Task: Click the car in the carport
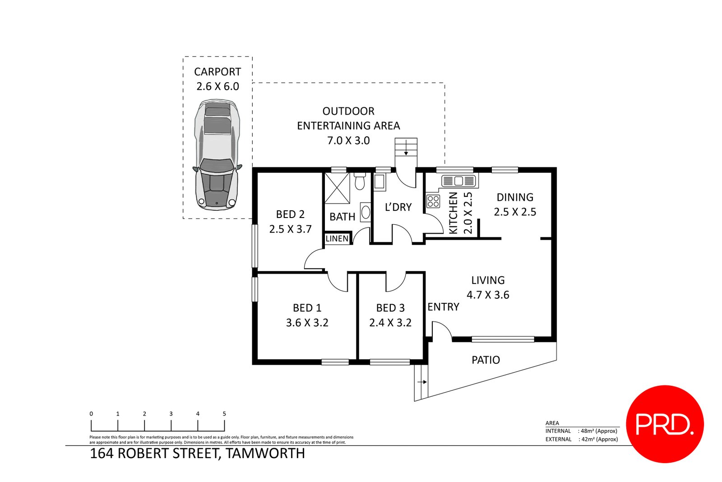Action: [x=217, y=156]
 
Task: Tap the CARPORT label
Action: [x=218, y=72]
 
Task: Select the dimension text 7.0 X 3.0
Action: [x=348, y=141]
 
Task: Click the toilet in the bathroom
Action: [x=360, y=182]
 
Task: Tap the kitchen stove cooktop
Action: [x=433, y=201]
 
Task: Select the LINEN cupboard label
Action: [x=337, y=239]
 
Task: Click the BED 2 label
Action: [x=290, y=214]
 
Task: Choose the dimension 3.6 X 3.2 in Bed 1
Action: [x=307, y=323]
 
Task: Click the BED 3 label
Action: [x=390, y=308]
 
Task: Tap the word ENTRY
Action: [x=443, y=307]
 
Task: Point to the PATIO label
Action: [x=486, y=360]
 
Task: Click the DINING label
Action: [x=515, y=197]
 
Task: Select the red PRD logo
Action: [x=665, y=424]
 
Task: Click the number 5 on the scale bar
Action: [x=224, y=413]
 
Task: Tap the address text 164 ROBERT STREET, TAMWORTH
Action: [x=198, y=453]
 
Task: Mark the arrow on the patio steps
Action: [x=422, y=382]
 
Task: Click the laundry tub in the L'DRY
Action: [x=379, y=182]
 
